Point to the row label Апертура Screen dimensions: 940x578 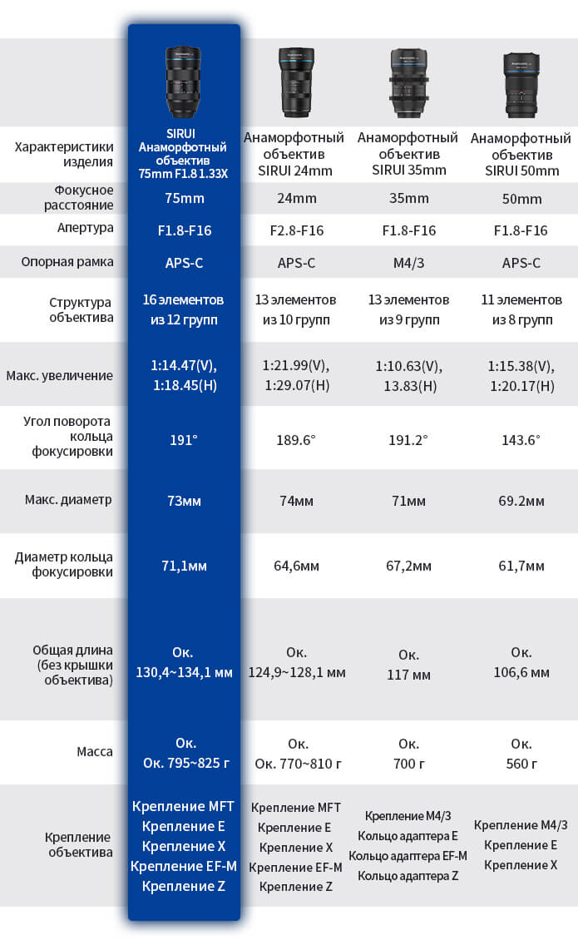click(64, 228)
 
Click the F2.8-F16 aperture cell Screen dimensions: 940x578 click(296, 230)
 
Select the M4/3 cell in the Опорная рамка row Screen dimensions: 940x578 click(408, 263)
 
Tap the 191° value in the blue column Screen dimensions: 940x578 click(183, 439)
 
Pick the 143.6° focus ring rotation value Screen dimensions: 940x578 click(521, 439)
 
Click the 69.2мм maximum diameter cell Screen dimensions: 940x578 click(521, 502)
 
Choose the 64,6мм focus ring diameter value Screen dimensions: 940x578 click(296, 566)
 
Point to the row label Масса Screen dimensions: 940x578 click(95, 751)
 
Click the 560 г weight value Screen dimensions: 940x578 click(521, 763)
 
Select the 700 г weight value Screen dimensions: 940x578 click(408, 763)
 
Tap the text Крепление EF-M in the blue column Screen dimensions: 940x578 click(183, 866)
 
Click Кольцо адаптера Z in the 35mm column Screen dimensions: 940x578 click(408, 875)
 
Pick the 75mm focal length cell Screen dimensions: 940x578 click(183, 199)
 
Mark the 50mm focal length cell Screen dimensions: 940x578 click(521, 199)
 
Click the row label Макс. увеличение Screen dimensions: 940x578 click(59, 375)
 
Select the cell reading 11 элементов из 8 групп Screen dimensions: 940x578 click(521, 309)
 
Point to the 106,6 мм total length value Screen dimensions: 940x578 click(521, 672)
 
